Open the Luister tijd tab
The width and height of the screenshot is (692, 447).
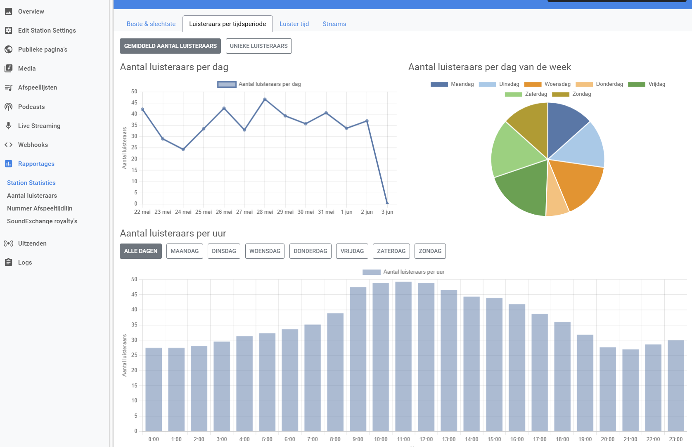[x=294, y=24]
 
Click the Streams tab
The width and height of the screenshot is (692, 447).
[x=334, y=24]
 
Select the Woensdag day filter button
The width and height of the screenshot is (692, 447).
[x=265, y=251]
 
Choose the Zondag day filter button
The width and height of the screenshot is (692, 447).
[x=430, y=251]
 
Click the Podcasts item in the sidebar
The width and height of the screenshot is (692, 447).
[x=31, y=106]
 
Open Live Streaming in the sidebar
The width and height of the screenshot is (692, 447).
[x=39, y=126]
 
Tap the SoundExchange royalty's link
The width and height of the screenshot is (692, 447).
[x=42, y=221]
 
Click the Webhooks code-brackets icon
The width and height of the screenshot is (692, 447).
[x=9, y=144]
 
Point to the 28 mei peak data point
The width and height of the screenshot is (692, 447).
[x=265, y=99]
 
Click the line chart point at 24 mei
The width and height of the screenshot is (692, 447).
[x=183, y=149]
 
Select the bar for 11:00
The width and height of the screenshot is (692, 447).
[x=403, y=356]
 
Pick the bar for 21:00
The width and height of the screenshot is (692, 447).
[x=630, y=390]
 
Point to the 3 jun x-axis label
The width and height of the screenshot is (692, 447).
[x=387, y=212]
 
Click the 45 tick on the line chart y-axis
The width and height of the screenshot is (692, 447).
[x=134, y=102]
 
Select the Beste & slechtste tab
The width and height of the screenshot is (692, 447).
[x=151, y=24]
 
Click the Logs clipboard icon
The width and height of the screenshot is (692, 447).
[x=9, y=262]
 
